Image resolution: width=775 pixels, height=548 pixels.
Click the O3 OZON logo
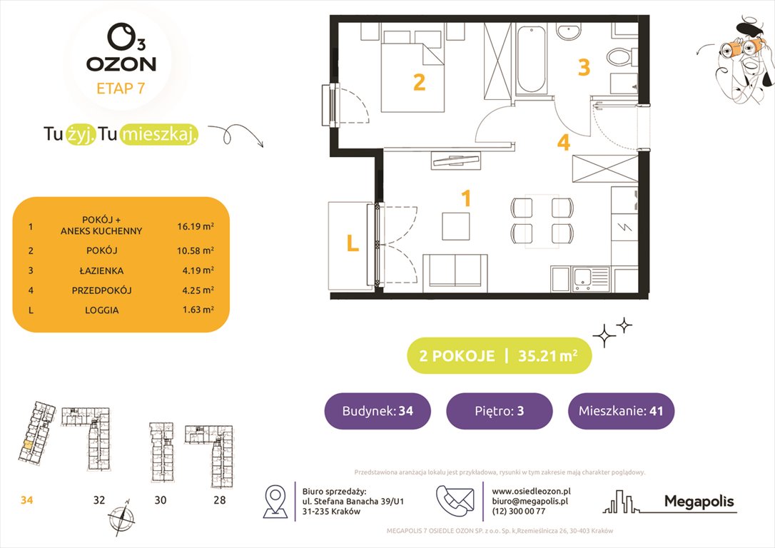tap(121, 50)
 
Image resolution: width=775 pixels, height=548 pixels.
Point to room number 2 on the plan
tap(420, 83)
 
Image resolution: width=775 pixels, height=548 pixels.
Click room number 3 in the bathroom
tap(584, 68)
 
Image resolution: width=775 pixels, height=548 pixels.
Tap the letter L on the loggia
tap(352, 244)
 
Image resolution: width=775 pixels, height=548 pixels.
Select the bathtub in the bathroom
tap(532, 60)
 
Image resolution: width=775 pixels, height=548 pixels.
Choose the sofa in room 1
tap(455, 272)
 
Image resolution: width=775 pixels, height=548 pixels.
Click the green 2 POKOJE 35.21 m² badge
tap(499, 356)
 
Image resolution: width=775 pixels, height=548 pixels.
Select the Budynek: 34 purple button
tap(377, 411)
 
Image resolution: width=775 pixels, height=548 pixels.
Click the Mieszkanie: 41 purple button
tap(621, 411)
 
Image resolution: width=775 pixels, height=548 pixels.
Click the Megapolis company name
tap(699, 502)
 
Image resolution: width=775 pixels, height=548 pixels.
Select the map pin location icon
tap(275, 501)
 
